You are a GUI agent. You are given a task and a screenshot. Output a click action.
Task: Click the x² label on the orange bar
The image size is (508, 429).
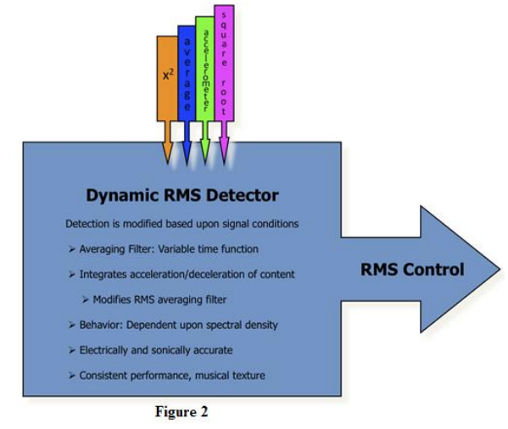coord(168,75)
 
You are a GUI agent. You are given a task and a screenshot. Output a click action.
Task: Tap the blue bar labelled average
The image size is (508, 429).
coord(187,74)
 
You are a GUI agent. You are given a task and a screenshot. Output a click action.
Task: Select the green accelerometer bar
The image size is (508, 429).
coord(205,69)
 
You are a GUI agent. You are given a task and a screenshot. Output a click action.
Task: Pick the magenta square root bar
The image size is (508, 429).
coord(224,63)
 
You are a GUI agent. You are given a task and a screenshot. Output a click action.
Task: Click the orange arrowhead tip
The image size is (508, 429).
coord(168,163)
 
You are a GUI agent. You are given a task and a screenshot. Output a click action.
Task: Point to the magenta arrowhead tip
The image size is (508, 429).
coord(224,163)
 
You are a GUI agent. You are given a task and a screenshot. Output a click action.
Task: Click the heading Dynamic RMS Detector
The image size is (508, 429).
coord(182,195)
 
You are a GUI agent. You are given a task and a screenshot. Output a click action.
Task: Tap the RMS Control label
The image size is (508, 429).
coord(412,270)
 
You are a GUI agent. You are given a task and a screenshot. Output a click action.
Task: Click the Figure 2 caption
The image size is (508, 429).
coord(181,412)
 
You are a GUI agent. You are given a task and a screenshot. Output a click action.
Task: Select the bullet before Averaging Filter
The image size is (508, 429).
coord(72,249)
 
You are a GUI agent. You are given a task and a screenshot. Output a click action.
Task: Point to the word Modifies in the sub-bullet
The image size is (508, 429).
coord(112,299)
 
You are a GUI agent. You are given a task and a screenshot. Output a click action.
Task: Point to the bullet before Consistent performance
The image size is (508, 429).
coord(72,376)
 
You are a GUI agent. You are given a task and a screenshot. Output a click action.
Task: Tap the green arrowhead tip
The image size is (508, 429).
coord(204,163)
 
